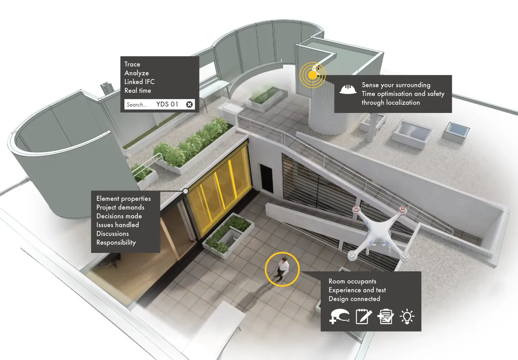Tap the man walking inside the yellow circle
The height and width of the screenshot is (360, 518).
coord(282,269)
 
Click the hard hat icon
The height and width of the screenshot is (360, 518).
coord(348,89)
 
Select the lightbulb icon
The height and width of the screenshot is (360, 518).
coord(407,316)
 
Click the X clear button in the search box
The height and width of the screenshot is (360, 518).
coord(189,104)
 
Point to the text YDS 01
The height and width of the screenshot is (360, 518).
coord(167,104)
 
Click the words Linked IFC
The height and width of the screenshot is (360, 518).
coord(139,81)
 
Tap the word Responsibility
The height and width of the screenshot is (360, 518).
coord(116,242)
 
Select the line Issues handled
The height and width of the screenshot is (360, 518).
coord(118,225)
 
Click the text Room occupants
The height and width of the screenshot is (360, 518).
coord(352,281)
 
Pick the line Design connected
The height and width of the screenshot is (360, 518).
coord(354,299)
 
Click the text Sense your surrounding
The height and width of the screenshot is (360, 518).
coord(396,85)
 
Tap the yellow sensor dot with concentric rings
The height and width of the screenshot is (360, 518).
coord(313,74)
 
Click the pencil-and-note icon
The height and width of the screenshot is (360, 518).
coord(364,316)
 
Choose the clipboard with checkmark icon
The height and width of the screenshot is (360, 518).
coord(386,316)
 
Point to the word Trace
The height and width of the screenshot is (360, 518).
coord(132,64)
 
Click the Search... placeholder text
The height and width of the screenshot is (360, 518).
coord(136,105)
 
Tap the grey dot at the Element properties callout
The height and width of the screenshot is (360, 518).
coord(185,191)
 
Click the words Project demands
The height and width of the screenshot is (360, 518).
coord(120,207)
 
